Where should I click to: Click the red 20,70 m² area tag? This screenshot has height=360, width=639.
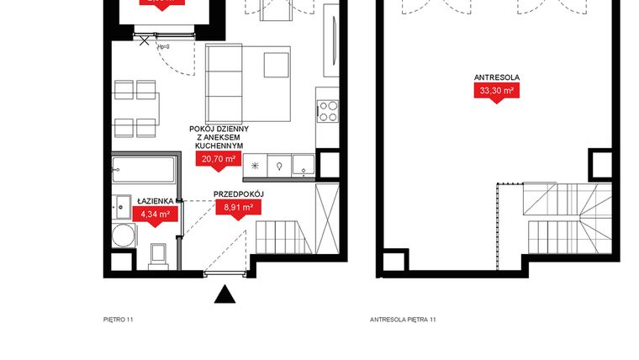pos(218,157)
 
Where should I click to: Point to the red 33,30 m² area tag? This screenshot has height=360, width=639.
pos(496,91)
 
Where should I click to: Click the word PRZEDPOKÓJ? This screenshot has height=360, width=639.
pos(239,193)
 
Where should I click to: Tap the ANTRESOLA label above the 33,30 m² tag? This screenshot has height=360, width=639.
pos(496,78)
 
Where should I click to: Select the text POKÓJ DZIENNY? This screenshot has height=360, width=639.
pos(218,129)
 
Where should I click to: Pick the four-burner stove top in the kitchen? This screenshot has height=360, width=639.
pos(328,109)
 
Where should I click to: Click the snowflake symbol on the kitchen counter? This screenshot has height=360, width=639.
pos(255,167)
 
